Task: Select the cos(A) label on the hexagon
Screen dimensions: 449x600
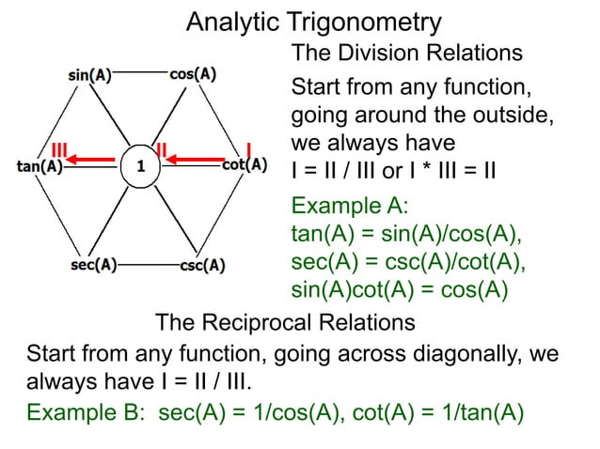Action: (x=193, y=74)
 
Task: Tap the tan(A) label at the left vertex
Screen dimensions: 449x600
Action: (x=39, y=167)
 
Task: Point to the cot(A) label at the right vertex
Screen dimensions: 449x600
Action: (x=244, y=165)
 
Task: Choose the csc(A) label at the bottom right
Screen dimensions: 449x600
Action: (x=201, y=265)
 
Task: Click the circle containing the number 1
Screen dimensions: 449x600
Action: (x=140, y=166)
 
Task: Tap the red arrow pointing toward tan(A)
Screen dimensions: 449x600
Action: (x=88, y=162)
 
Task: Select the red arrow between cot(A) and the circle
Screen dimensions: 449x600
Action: (x=195, y=161)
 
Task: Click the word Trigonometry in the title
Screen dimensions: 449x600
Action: (x=361, y=21)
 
